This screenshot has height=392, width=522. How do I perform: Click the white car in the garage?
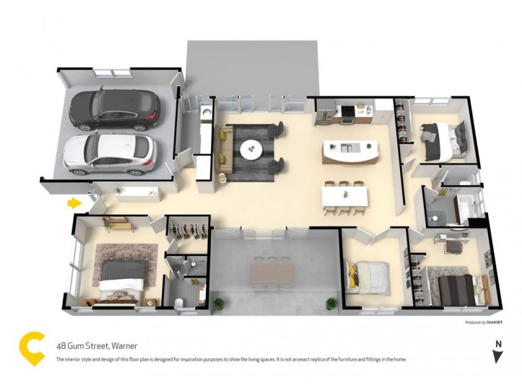110,153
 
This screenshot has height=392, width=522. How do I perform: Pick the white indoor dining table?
345,195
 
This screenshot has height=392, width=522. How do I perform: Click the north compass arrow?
498,355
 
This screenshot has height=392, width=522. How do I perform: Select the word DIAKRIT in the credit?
495,322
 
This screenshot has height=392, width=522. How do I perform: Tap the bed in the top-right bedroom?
443,139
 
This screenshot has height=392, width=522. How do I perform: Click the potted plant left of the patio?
219,303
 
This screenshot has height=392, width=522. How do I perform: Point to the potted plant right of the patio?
331,302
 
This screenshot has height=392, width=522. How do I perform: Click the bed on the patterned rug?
123,278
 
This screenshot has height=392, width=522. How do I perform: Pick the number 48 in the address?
61,346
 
